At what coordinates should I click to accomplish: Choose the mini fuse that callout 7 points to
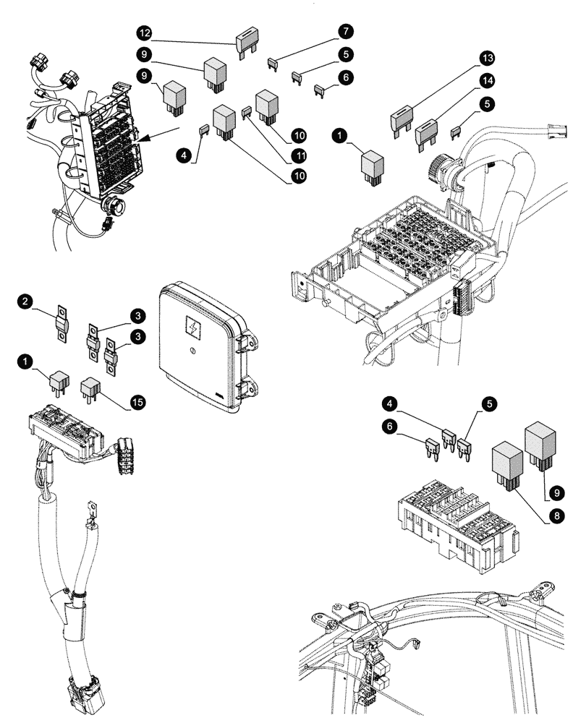pos(273,64)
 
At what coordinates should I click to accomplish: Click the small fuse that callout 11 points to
pos(246,112)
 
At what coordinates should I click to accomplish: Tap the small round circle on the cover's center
pos(192,352)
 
